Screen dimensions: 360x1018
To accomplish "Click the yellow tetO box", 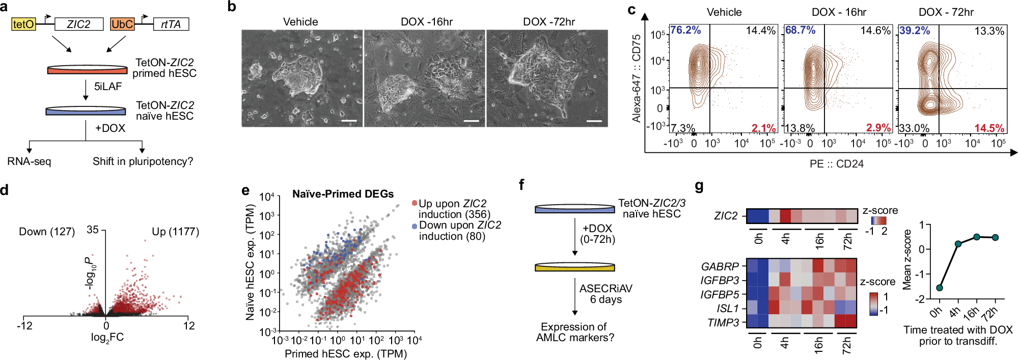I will click(23, 24).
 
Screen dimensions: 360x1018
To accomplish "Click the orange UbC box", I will click(122, 24).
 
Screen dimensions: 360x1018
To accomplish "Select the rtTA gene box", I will click(171, 24).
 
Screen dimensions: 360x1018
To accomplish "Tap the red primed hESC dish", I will click(87, 70).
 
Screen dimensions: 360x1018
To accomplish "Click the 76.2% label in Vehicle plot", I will click(685, 30).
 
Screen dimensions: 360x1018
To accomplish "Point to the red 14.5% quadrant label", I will click(989, 128).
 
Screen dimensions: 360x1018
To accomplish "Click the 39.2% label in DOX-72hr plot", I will click(915, 31).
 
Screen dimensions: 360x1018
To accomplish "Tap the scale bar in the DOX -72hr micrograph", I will click(594, 121).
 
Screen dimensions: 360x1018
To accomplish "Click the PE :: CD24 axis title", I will click(836, 164).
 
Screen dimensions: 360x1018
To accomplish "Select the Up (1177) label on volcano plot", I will click(175, 232).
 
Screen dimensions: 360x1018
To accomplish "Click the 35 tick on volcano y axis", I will click(92, 230).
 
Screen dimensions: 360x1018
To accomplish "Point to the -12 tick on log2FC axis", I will click(24, 326).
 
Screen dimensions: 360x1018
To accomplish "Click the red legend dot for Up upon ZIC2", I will click(415, 204).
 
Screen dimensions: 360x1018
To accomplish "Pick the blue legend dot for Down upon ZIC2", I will click(415, 226).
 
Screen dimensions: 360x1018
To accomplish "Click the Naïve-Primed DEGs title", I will click(343, 194).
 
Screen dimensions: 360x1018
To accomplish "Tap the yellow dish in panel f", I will click(574, 267).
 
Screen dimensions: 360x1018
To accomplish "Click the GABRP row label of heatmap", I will click(720, 266).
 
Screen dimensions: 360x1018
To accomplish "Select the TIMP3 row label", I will click(723, 322).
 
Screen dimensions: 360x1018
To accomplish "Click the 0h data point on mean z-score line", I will click(940, 288).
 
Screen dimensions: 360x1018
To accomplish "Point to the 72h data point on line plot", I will click(995, 238).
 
